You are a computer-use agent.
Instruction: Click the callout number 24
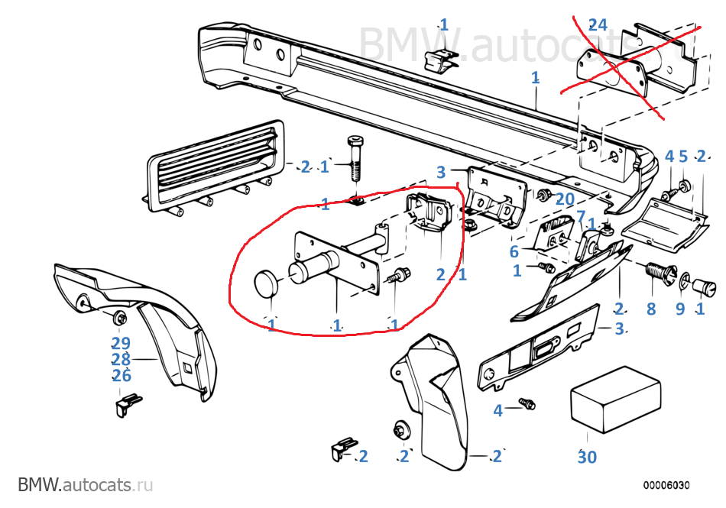[597, 24]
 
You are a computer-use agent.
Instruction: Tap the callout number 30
[586, 457]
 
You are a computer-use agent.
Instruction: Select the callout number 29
[121, 344]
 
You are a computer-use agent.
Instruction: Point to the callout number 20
[564, 200]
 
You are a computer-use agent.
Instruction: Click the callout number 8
[651, 310]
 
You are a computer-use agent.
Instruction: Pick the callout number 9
[679, 310]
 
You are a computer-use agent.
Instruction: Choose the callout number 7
[580, 216]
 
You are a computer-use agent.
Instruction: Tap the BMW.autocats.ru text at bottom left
[86, 484]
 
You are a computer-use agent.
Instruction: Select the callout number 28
[121, 359]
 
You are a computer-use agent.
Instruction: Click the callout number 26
[121, 375]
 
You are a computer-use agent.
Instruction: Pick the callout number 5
[683, 157]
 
